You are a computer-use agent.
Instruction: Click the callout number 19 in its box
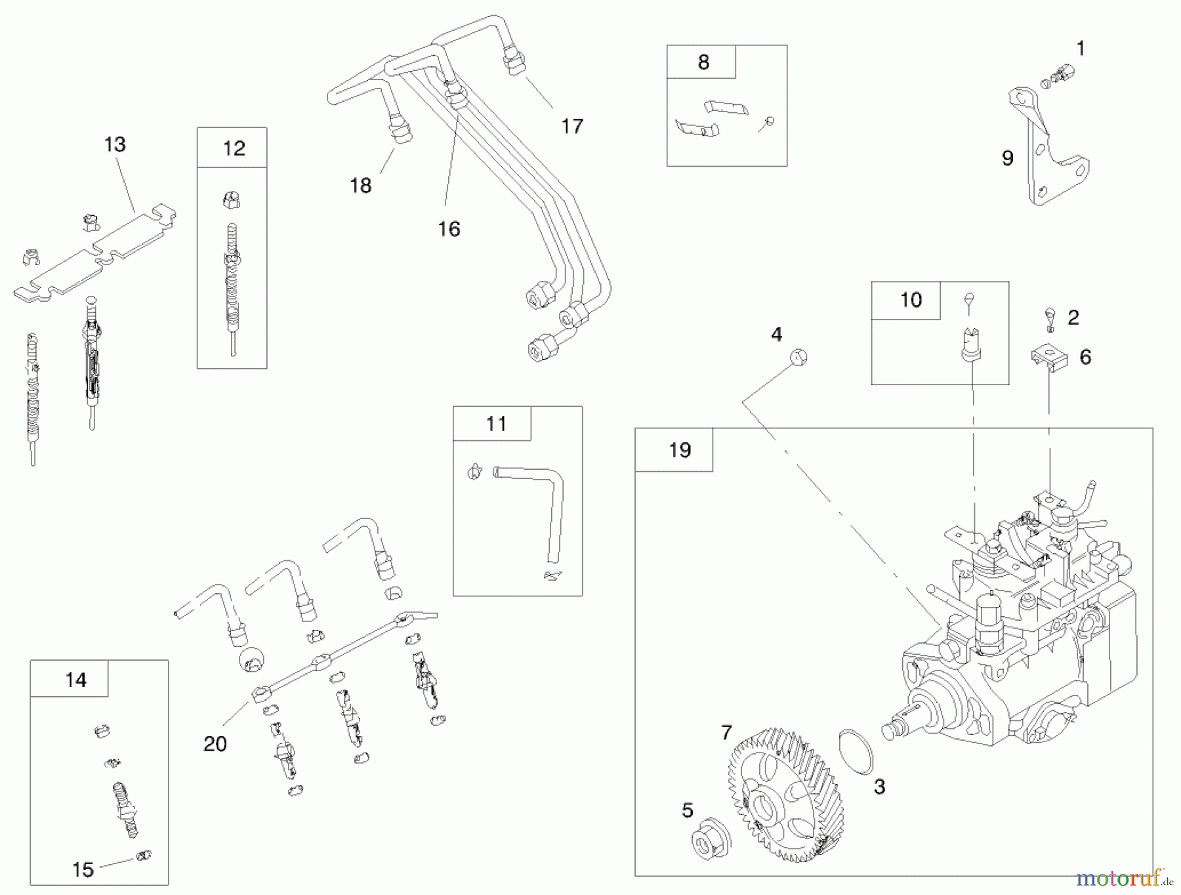click(680, 450)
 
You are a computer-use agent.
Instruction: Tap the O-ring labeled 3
click(857, 751)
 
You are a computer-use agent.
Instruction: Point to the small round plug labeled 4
click(798, 358)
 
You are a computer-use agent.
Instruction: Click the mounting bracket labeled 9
click(1043, 151)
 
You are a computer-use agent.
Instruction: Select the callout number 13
click(115, 144)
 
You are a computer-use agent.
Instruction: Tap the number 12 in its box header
click(234, 148)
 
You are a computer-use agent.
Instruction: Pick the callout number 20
click(215, 743)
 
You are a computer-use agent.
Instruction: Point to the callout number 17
click(572, 126)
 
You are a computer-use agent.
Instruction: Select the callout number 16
click(449, 229)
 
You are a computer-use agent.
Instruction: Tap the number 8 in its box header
click(703, 62)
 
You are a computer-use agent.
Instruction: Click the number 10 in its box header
click(911, 300)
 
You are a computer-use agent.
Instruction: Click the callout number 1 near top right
click(1080, 49)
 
